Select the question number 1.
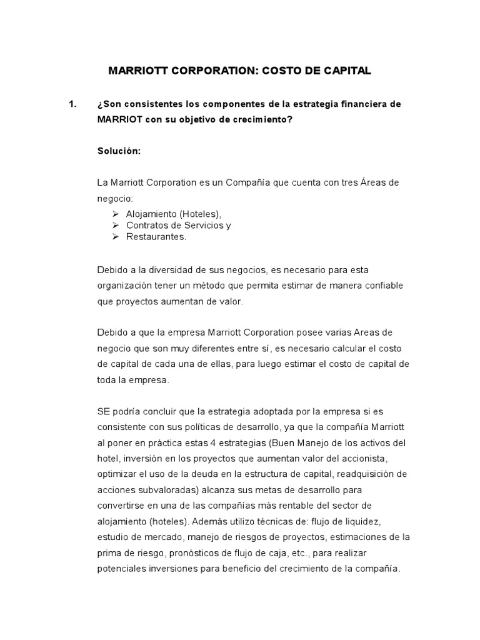coord(72,104)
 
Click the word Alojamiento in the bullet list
coord(149,214)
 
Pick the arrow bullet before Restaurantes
coord(115,237)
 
